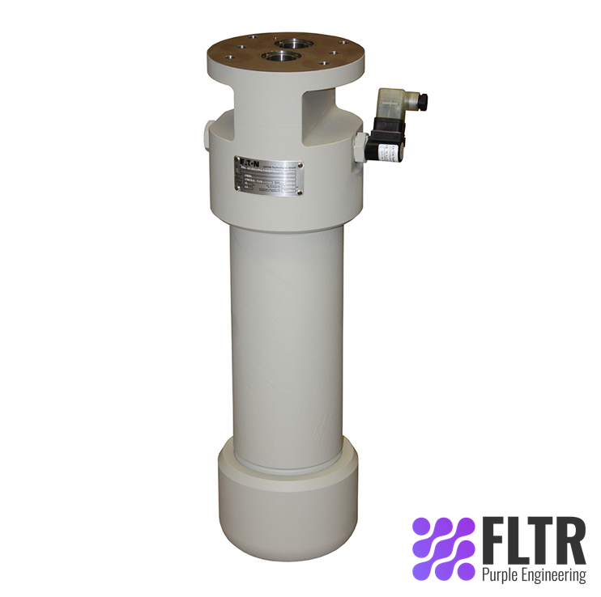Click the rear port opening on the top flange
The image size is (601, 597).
tap(288, 43)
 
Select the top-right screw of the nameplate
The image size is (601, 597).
tap(300, 158)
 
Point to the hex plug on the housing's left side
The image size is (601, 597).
tap(206, 133)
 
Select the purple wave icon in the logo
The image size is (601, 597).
tap(443, 548)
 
